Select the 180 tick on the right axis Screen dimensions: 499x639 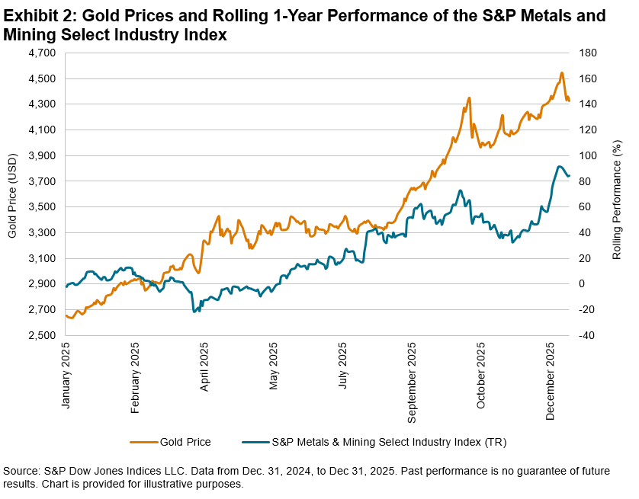point(584,53)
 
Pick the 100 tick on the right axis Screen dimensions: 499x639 point(584,155)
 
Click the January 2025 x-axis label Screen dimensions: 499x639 point(66,378)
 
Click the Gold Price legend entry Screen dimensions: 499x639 point(185,441)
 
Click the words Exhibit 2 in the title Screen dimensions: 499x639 point(40,15)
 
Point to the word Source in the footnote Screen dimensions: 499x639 point(22,472)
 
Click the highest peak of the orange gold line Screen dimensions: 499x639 point(561,73)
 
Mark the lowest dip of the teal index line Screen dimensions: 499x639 point(195,312)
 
